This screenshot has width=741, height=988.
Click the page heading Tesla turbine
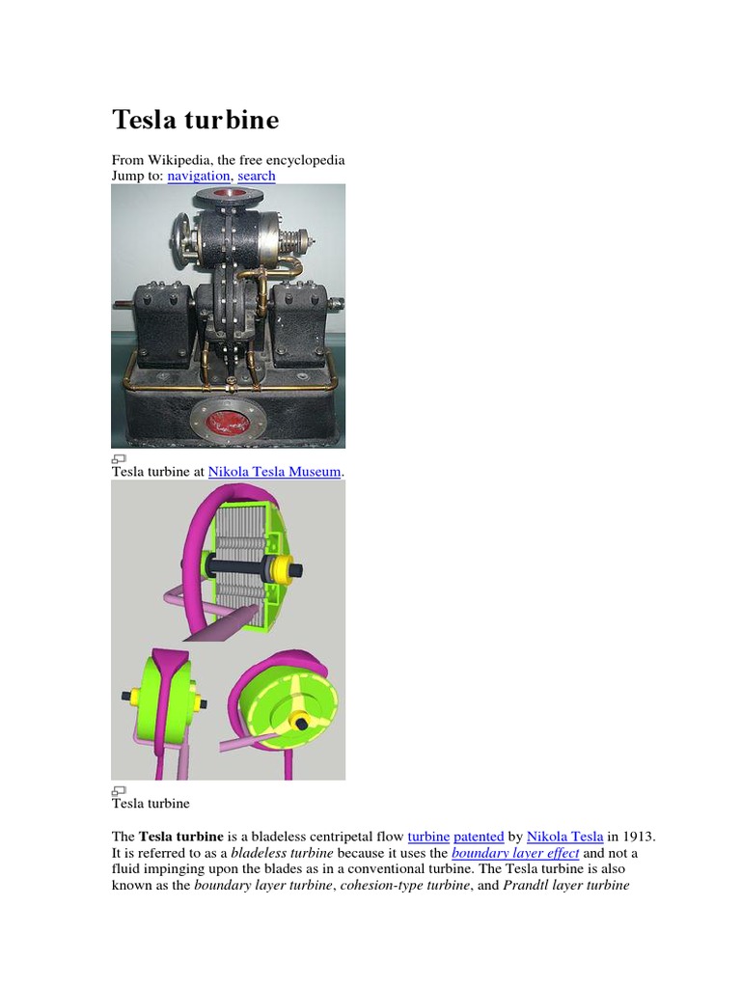point(196,120)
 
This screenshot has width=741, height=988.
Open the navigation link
point(199,176)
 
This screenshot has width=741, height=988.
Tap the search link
point(256,176)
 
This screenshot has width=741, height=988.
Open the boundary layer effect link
point(515,854)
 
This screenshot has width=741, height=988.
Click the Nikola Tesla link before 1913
point(565,837)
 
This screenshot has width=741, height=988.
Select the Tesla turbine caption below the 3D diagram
point(151,803)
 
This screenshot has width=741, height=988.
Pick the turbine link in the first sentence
point(428,837)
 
